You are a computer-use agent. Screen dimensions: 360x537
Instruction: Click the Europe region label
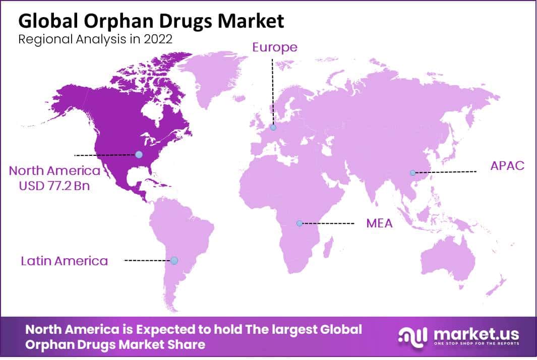point(275,47)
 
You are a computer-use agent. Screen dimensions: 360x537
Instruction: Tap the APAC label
point(508,165)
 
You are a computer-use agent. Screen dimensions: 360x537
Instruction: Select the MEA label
point(379,223)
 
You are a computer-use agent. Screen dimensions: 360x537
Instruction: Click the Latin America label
point(65,261)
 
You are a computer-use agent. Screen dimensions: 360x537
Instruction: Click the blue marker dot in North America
point(139,154)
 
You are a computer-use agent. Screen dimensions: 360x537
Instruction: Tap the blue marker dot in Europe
point(273,128)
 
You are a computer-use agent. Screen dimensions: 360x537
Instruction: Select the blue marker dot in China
point(412,172)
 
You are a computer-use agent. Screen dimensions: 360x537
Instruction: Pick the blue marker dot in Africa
point(300,223)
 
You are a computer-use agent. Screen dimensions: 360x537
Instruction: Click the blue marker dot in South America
point(174,260)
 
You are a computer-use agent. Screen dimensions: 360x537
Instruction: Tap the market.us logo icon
point(412,336)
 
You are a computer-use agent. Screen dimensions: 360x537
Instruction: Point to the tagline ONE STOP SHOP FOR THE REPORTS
point(475,344)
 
